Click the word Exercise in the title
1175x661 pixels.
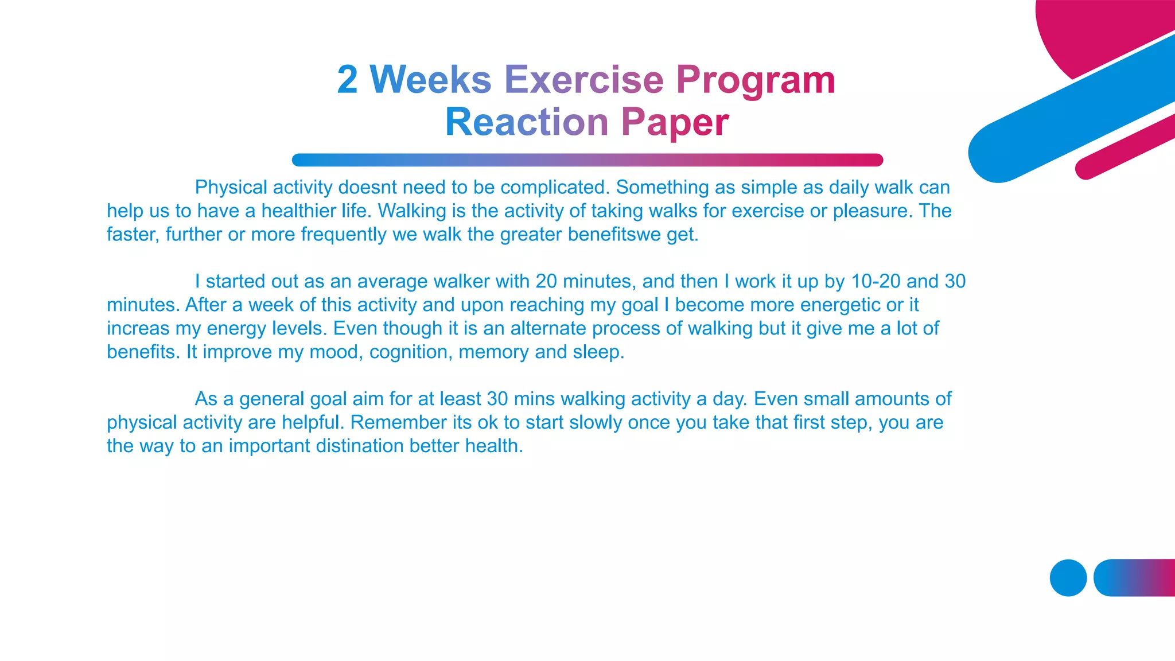[583, 79]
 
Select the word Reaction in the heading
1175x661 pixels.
[526, 122]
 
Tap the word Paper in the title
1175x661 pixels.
[675, 122]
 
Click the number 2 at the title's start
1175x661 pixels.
[347, 79]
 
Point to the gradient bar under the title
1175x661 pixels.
[587, 160]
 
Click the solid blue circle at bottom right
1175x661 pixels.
[1068, 578]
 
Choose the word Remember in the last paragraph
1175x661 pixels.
[390, 422]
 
